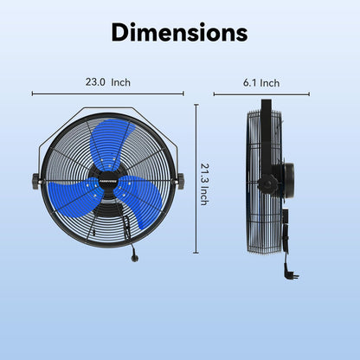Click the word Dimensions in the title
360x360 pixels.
180,32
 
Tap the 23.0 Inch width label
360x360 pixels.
108,83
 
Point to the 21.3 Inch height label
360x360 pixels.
204,183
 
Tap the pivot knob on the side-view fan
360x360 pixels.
270,182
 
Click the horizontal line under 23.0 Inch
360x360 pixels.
108,93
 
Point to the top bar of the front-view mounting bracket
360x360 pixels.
108,108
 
